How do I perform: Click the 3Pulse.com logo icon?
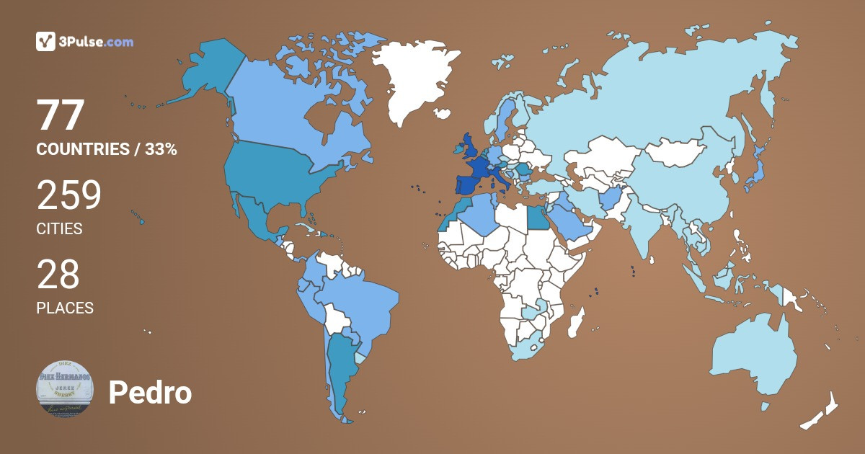tap(45, 41)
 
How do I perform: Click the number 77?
tap(61, 115)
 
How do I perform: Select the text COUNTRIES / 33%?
tap(107, 150)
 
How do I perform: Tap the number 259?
tap(69, 195)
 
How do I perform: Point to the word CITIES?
tap(59, 229)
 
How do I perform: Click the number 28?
tap(58, 275)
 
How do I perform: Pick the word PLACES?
tap(65, 308)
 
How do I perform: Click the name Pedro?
tap(150, 393)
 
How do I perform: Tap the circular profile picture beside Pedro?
tap(65, 388)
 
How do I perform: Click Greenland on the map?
tap(414, 79)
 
